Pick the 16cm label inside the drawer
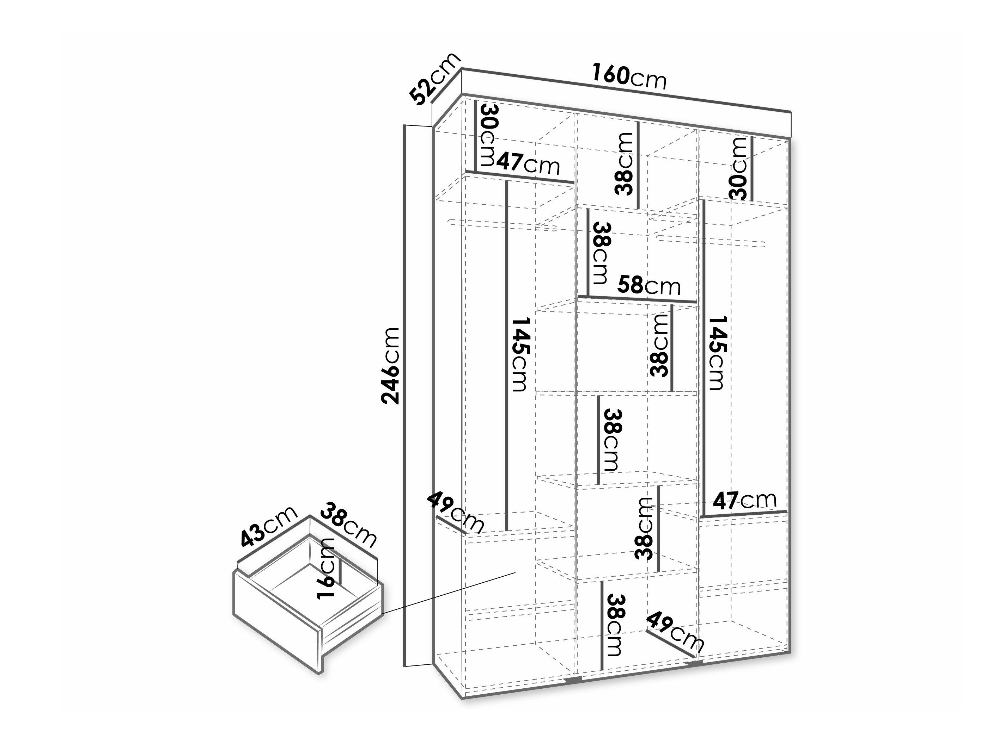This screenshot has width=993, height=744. (x=326, y=568)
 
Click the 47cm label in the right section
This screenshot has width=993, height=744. (x=744, y=501)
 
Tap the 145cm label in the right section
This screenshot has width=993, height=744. (x=715, y=353)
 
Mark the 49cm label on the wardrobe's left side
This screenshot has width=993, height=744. (x=456, y=512)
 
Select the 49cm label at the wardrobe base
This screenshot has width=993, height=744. (x=675, y=631)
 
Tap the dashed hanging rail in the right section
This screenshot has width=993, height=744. (x=710, y=240)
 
